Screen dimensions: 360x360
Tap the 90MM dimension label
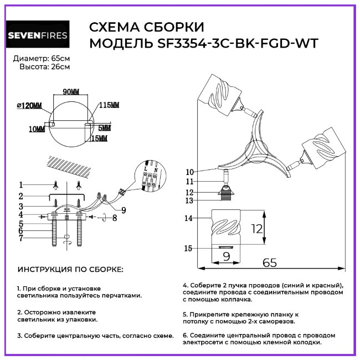point(71,91)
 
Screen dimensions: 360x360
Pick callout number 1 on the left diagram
point(20,184)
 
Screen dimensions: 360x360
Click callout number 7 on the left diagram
point(20,239)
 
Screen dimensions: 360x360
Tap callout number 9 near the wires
point(123,210)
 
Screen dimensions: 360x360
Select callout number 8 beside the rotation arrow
point(114,218)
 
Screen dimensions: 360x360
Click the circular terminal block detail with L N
point(150,177)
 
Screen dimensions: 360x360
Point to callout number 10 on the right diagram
point(189,172)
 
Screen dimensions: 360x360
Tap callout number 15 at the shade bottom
point(189,249)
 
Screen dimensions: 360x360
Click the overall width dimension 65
point(270,264)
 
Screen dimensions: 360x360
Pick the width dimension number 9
point(226,256)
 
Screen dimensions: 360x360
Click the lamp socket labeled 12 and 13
point(225,193)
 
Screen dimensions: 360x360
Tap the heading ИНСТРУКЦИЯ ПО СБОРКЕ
point(71,270)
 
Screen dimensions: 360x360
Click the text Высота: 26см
point(45,66)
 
